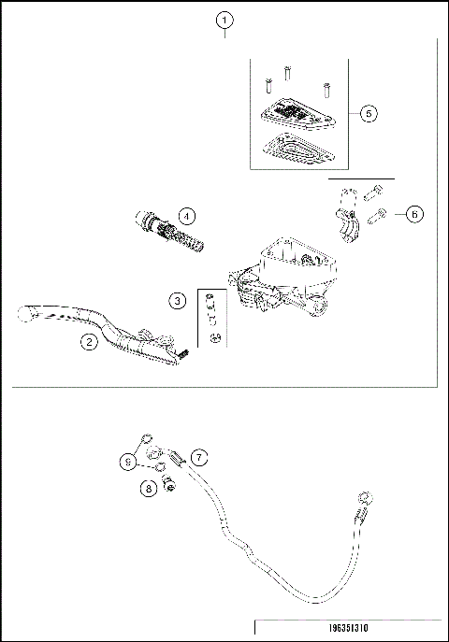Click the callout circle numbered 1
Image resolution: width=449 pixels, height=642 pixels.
coord(224,20)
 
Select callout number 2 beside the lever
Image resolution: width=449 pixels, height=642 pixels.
coord(88,342)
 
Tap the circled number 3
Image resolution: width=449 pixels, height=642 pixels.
coord(178,300)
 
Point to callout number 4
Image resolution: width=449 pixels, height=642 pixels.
coord(187,216)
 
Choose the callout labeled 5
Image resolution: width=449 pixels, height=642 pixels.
coord(368,112)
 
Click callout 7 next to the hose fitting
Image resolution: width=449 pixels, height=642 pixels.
coord(198,457)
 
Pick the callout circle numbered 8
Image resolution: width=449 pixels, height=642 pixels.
coord(148,486)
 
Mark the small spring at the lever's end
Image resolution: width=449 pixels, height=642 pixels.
coord(184,353)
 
